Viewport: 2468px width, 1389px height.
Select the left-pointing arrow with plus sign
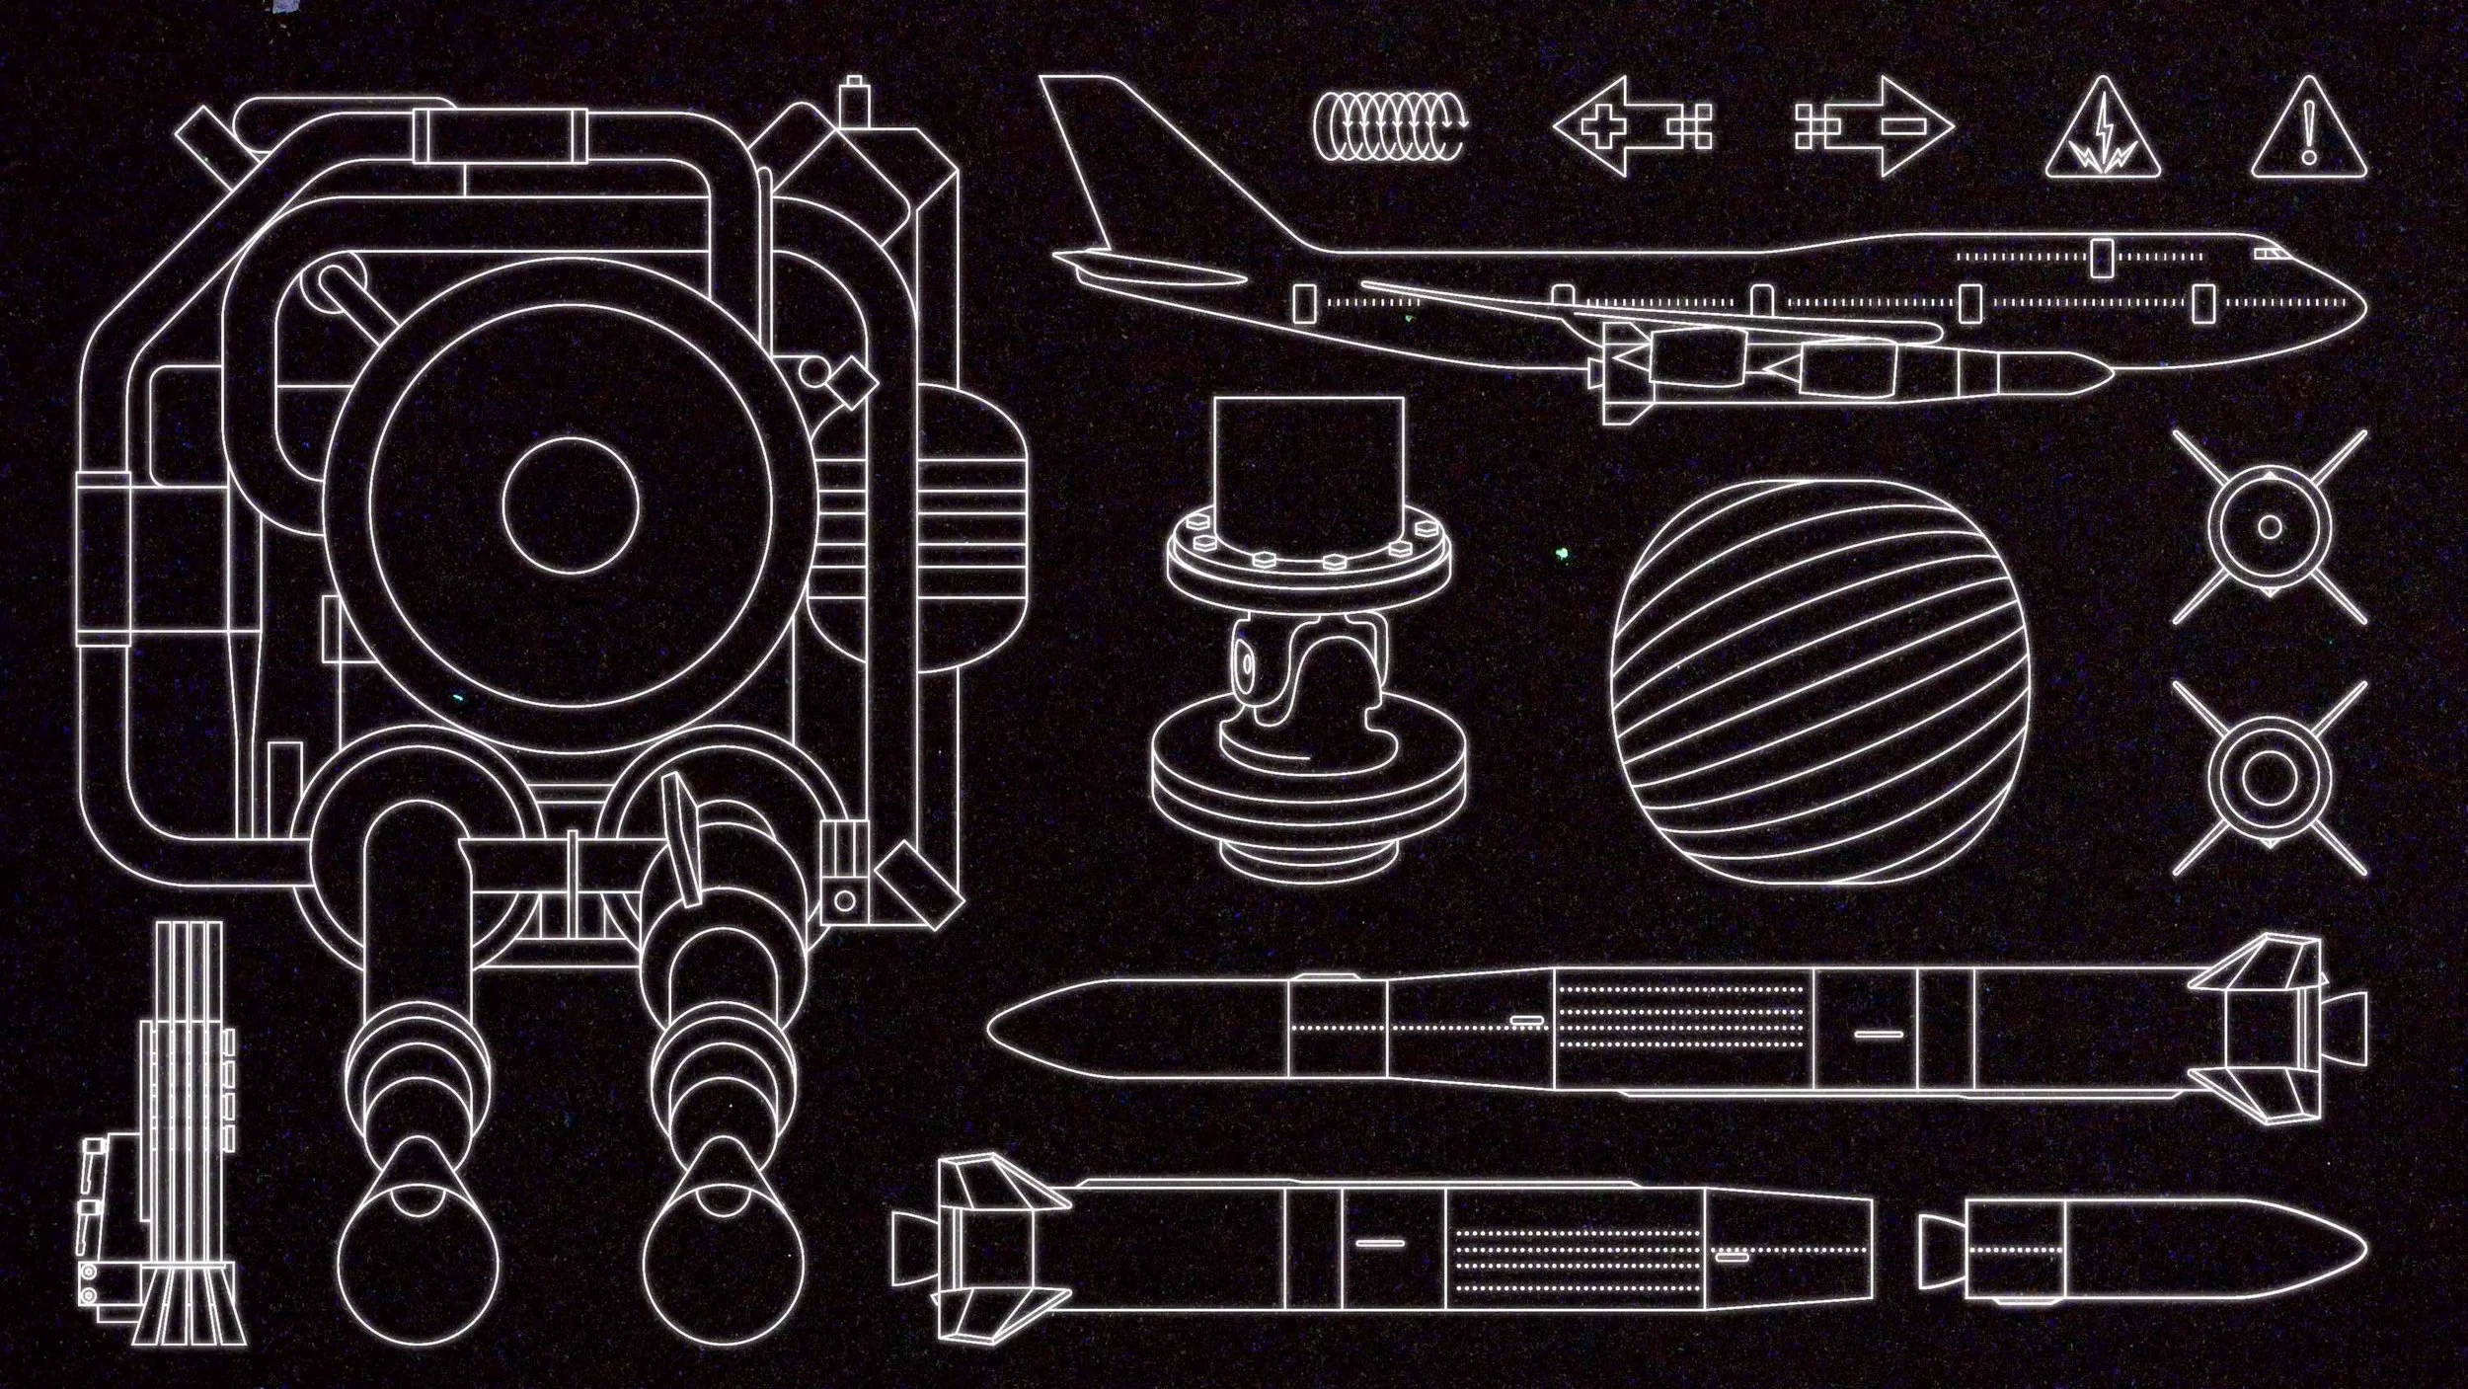pos(1629,127)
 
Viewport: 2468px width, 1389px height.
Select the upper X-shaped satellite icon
pos(2270,526)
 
